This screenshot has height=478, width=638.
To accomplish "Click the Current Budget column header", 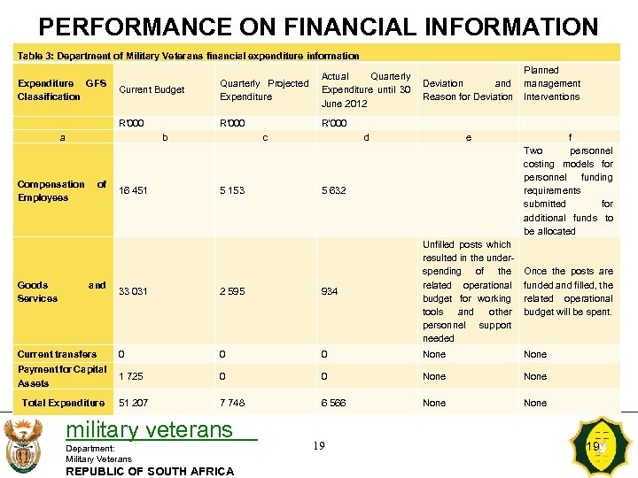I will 152,90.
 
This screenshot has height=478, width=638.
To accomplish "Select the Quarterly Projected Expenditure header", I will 264,90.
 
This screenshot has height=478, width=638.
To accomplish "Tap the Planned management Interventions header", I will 551,83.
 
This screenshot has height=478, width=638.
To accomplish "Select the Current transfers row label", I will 57,354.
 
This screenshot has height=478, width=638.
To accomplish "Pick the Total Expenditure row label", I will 64,404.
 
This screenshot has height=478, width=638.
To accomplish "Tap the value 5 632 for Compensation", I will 334,191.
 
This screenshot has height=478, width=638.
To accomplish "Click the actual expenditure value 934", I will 330,292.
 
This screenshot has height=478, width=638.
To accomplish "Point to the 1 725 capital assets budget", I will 131,377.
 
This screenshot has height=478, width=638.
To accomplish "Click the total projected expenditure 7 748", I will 233,404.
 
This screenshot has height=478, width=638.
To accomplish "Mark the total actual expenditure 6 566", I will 334,404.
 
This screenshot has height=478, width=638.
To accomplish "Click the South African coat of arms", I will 24,445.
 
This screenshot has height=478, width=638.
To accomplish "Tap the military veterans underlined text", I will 150,431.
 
